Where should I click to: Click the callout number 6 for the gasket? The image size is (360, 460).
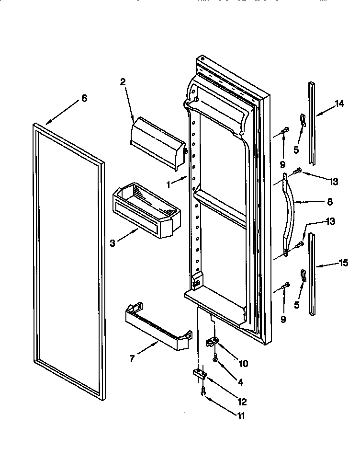(84, 98)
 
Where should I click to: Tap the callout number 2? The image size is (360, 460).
(123, 82)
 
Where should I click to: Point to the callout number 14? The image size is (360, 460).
(339, 103)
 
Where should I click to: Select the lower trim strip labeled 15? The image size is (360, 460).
(312, 273)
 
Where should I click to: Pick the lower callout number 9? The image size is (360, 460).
(283, 319)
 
